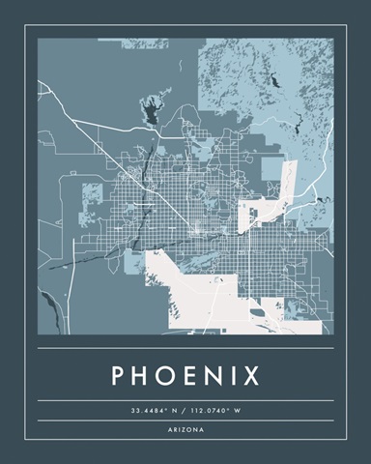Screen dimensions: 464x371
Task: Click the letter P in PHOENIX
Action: coord(120,374)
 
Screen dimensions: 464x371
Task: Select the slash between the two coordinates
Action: coord(184,411)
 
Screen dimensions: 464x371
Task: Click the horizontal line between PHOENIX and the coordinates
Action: coord(185,400)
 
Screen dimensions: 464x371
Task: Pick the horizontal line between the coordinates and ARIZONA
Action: coord(185,420)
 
